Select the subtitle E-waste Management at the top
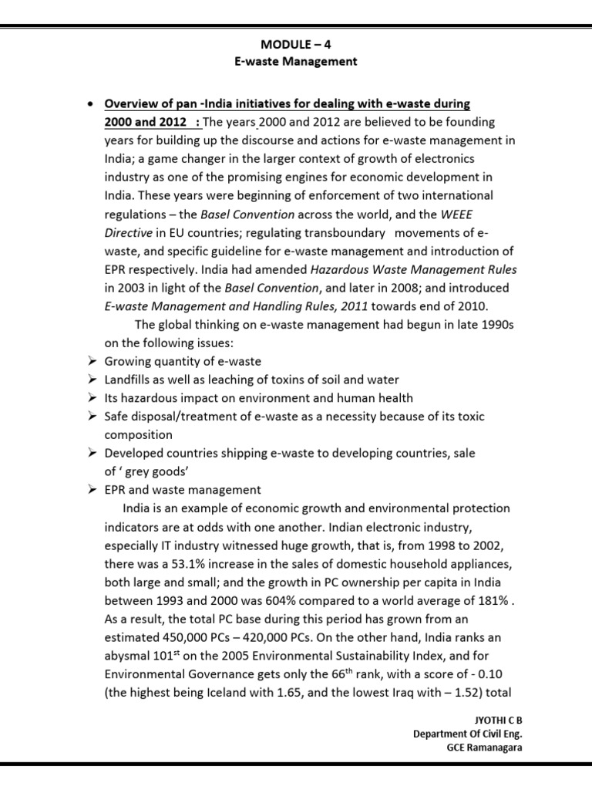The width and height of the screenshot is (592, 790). pyautogui.click(x=295, y=62)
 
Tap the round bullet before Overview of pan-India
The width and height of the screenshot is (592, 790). pyautogui.click(x=91, y=104)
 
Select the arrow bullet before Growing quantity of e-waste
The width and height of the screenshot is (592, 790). pyautogui.click(x=92, y=361)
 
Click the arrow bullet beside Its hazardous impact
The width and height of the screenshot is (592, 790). pyautogui.click(x=92, y=398)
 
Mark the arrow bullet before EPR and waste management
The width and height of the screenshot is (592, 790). pyautogui.click(x=92, y=490)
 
